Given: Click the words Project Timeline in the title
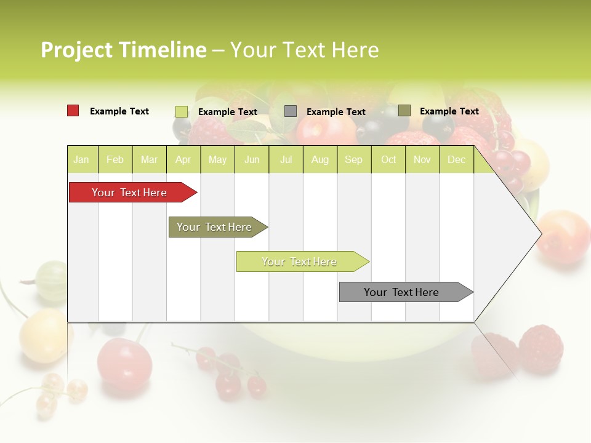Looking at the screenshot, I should [x=123, y=50].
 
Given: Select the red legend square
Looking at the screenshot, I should [x=73, y=111].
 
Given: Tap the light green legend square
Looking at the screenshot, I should [x=181, y=111].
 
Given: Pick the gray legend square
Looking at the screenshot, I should [x=291, y=111].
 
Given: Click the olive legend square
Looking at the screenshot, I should [x=404, y=111].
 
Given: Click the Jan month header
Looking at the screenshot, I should [x=81, y=160].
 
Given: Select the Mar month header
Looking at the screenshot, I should [x=149, y=160].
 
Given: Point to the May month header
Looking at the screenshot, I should [x=217, y=160].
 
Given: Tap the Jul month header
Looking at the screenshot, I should [x=286, y=160].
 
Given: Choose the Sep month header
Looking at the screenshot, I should [x=353, y=160].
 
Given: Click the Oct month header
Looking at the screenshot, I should [x=388, y=160].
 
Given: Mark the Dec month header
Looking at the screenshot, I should [x=456, y=160].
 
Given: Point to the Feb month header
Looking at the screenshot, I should [x=115, y=160].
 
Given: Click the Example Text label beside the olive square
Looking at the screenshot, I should [x=449, y=111].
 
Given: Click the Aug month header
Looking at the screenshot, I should [x=320, y=160].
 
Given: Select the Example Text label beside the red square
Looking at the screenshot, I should [x=119, y=111].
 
